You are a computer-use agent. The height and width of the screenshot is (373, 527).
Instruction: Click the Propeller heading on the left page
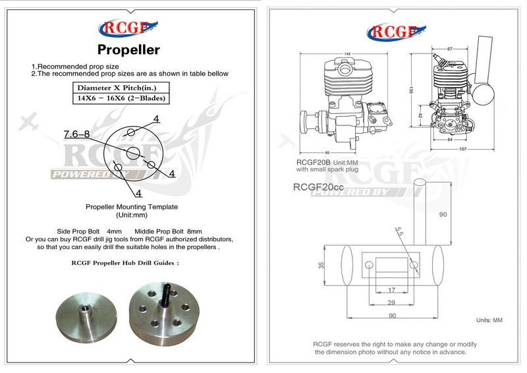point(128,49)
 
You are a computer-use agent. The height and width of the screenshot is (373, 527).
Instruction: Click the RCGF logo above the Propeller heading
point(129,28)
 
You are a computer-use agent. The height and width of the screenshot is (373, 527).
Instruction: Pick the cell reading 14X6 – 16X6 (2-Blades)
point(121,98)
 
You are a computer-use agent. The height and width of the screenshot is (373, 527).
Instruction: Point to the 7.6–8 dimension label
point(76,134)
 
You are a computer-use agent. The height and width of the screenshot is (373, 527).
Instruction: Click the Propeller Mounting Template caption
point(132,207)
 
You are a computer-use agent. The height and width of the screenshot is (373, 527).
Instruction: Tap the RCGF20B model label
point(312,161)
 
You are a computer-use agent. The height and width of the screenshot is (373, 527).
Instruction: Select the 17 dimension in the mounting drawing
point(391,290)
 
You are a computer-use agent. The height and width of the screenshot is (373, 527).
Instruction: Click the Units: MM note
point(489,320)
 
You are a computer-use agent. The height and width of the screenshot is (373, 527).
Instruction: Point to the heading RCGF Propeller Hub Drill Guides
point(125,262)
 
